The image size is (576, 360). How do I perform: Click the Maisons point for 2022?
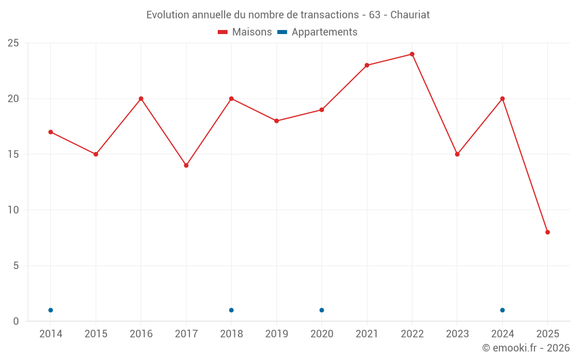tap(412, 54)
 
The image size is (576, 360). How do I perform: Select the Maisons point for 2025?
tap(548, 232)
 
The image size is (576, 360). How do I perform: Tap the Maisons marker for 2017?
tap(186, 165)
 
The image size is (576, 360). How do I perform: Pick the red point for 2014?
tap(51, 132)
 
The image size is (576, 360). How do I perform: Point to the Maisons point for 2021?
tap(367, 65)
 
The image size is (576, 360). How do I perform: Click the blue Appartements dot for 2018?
tap(232, 310)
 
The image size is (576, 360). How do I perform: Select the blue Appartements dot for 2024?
tap(502, 310)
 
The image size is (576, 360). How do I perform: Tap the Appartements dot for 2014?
tap(51, 310)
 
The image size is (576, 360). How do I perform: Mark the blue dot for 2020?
tap(321, 310)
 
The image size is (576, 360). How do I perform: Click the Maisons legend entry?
tap(245, 32)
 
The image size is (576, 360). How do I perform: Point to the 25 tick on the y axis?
tap(13, 43)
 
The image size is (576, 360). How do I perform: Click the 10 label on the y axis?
tap(13, 210)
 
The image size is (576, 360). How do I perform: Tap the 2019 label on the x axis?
tap(276, 334)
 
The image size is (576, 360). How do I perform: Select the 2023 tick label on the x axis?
tap(457, 334)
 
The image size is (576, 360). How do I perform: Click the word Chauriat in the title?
tap(410, 15)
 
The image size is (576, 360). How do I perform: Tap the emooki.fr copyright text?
tap(525, 348)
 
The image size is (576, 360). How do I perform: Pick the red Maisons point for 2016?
tap(141, 98)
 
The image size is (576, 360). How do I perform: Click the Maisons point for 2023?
tap(457, 154)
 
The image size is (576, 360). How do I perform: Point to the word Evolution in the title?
tap(168, 15)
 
